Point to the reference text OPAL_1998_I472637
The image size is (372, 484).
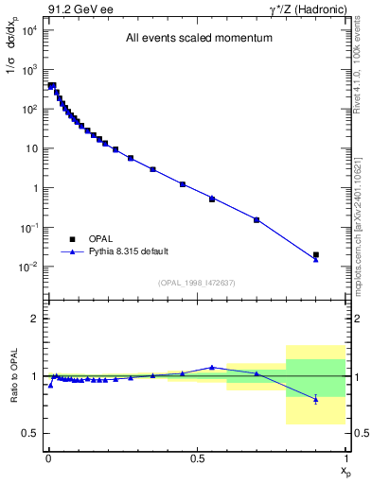click(x=196, y=282)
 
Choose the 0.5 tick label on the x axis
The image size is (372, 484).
click(x=197, y=458)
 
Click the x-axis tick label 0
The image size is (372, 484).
click(x=47, y=458)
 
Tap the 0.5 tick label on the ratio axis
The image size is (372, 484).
click(x=31, y=434)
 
